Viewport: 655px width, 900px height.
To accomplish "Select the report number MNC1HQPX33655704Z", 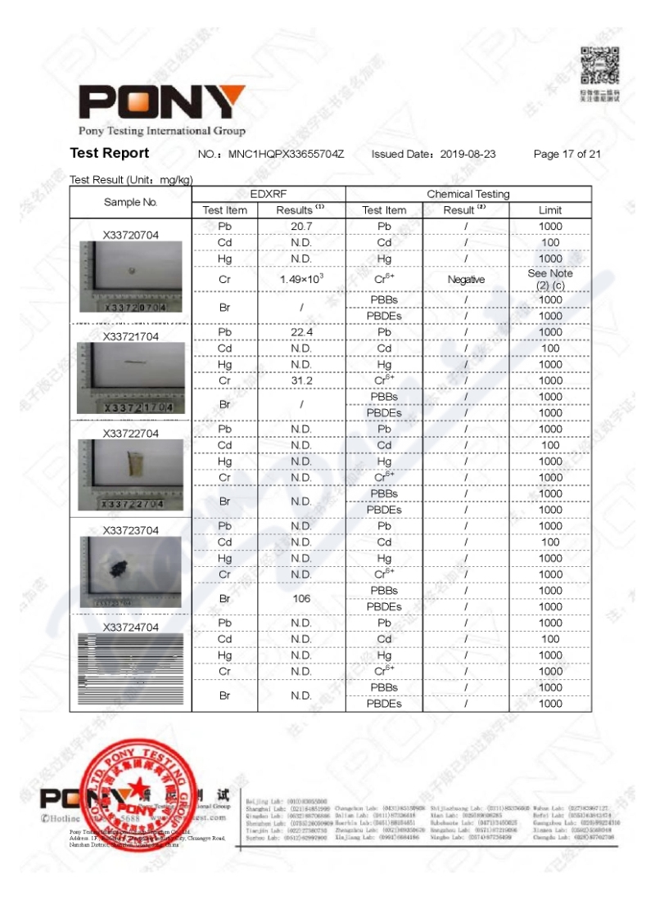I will (286, 154).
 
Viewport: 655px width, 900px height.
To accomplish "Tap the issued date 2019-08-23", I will (468, 154).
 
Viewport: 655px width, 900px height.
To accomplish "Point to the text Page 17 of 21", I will (567, 154).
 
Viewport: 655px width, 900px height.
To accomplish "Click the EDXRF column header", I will (269, 194).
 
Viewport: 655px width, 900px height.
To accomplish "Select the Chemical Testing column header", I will (468, 194).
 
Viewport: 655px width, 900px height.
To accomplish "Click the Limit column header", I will (550, 210).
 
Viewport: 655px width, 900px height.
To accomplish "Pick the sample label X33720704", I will (130, 235).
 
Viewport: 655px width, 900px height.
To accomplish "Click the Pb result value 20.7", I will (301, 226).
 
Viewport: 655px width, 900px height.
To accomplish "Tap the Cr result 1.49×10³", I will (301, 279).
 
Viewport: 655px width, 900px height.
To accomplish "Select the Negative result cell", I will (466, 279).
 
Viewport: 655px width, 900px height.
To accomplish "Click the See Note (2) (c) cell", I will (550, 279).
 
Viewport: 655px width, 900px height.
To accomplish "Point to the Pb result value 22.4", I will (301, 332).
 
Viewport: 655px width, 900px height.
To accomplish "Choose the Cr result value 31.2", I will (301, 380).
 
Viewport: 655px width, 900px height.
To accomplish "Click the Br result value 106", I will (301, 598).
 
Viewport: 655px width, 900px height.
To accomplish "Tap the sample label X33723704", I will (130, 530).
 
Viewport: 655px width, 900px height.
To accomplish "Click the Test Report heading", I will (110, 153).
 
